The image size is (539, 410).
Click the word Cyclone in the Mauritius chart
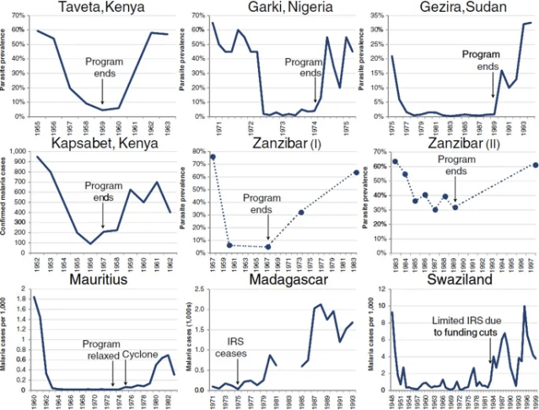tap(140, 345)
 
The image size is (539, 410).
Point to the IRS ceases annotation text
tap(238, 346)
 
